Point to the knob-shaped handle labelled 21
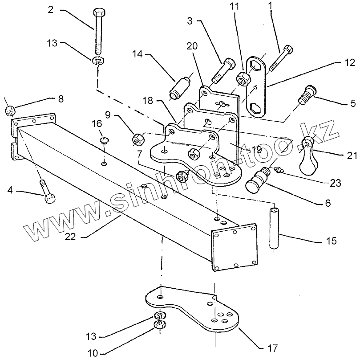[308, 158]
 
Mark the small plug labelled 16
[105, 141]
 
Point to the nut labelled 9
[138, 139]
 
